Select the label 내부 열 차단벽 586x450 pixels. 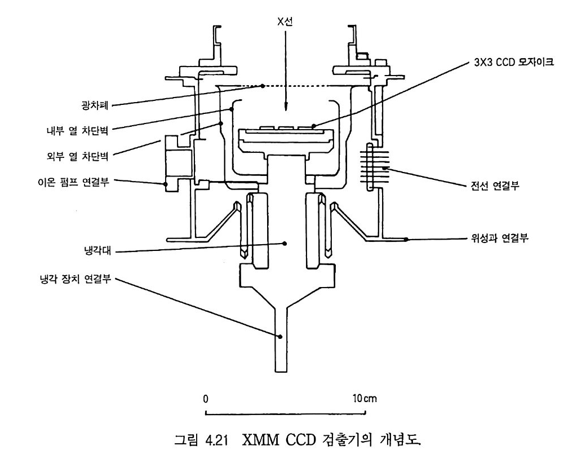(x=77, y=131)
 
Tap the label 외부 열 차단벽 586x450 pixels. (x=77, y=156)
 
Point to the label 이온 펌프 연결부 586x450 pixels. (x=74, y=182)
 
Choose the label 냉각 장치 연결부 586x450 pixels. (x=76, y=279)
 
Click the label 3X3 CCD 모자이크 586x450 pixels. (x=513, y=62)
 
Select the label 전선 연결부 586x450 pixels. (x=495, y=186)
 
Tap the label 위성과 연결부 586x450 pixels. (x=500, y=238)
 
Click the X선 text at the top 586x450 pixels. (x=285, y=21)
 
